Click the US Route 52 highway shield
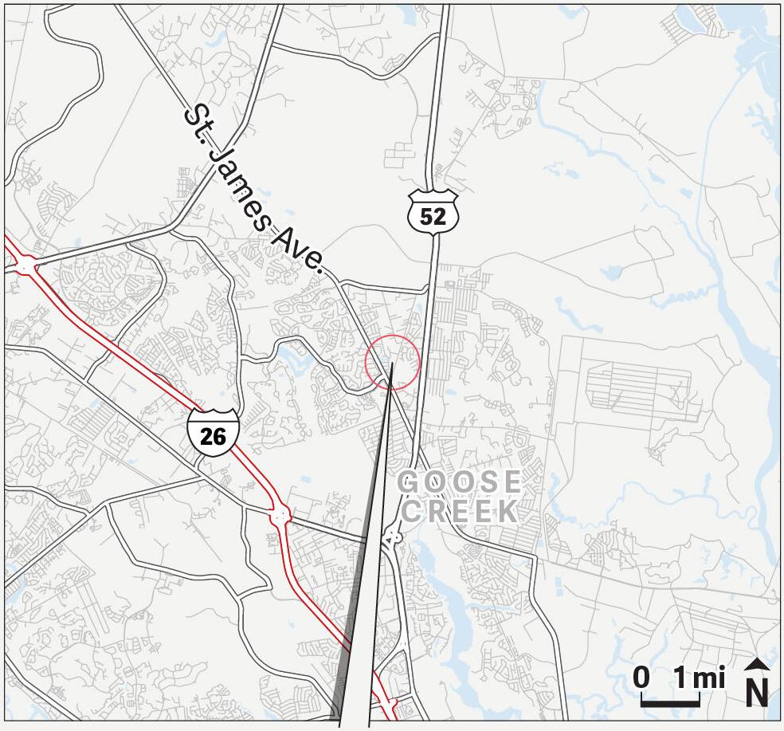(433, 211)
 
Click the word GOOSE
(460, 483)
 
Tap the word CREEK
(460, 511)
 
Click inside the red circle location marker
(392, 363)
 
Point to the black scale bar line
(671, 704)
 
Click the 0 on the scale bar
(641, 678)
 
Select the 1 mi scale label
(699, 678)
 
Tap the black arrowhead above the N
(757, 664)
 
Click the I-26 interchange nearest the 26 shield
(280, 514)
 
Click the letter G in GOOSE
(408, 483)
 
